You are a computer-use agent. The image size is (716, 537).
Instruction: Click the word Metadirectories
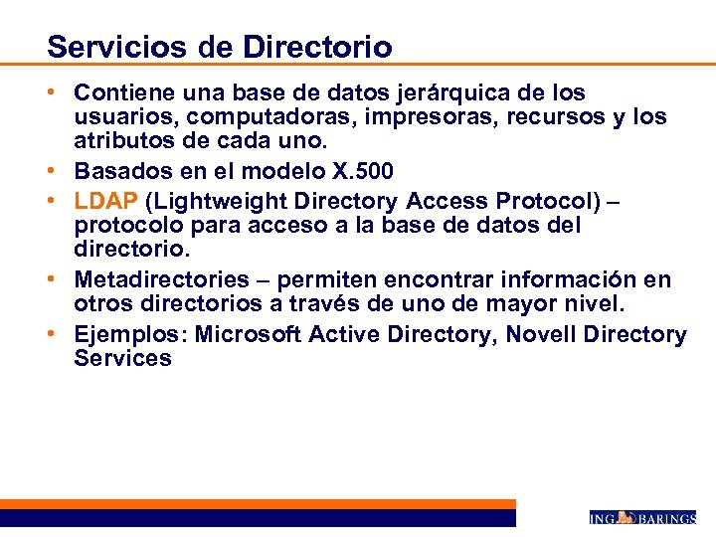(159, 280)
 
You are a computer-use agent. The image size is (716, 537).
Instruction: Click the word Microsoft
(249, 334)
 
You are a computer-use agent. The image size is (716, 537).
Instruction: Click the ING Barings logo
(642, 517)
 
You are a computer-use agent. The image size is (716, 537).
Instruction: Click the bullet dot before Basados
(62, 170)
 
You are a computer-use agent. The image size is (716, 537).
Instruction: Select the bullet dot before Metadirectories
(62, 280)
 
